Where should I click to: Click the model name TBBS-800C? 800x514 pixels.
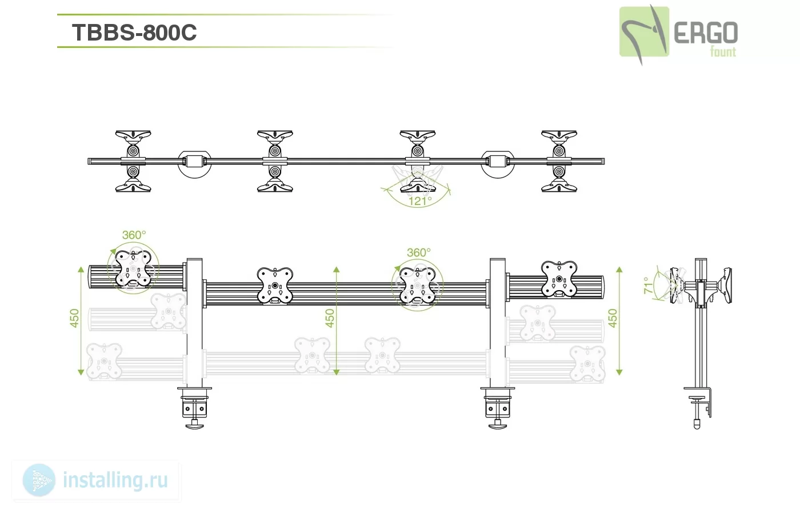pyautogui.click(x=134, y=33)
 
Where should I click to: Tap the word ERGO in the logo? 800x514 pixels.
pyautogui.click(x=706, y=33)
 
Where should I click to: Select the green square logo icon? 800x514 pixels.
pyautogui.click(x=644, y=31)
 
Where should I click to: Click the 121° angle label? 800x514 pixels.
pyautogui.click(x=420, y=201)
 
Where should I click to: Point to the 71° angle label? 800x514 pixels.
pyautogui.click(x=648, y=286)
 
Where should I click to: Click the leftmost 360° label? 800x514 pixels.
pyautogui.click(x=134, y=235)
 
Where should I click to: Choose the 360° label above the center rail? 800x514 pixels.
pyautogui.click(x=418, y=252)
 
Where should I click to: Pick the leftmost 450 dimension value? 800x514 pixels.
pyautogui.click(x=74, y=318)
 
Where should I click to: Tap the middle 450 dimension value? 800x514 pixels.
pyautogui.click(x=330, y=318)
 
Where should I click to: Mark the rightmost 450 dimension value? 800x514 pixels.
pyautogui.click(x=613, y=318)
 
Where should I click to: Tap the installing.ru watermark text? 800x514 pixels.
pyautogui.click(x=115, y=480)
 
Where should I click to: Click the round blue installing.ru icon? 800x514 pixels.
pyautogui.click(x=39, y=480)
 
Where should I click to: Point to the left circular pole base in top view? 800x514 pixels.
pyautogui.click(x=195, y=164)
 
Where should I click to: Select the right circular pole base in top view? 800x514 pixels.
pyautogui.click(x=498, y=164)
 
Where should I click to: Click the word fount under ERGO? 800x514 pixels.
pyautogui.click(x=723, y=52)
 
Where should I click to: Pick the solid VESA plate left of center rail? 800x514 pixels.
pyautogui.click(x=275, y=286)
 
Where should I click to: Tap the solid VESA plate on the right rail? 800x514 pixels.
pyautogui.click(x=559, y=279)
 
